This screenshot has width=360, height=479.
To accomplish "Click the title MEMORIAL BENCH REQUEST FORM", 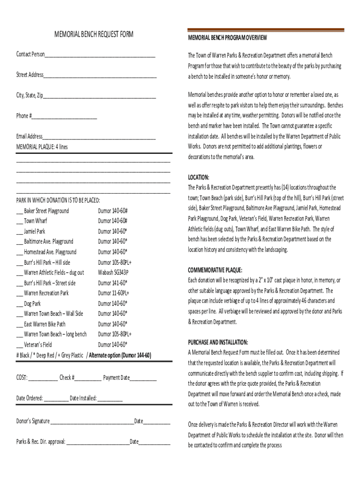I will click(x=94, y=34).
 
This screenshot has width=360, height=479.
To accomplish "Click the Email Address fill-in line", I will click(x=99, y=138).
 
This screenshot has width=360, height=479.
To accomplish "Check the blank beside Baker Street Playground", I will click(x=19, y=212).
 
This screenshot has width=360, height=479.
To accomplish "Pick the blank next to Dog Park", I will click(x=19, y=305).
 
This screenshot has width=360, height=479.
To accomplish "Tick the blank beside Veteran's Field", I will click(x=19, y=346).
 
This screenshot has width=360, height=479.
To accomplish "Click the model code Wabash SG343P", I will click(x=113, y=273).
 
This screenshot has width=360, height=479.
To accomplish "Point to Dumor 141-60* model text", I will click(x=112, y=283).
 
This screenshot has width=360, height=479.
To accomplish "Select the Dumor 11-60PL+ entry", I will click(x=113, y=293).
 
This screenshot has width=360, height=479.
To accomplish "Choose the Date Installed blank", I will click(x=110, y=399).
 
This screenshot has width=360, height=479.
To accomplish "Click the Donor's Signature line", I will click(x=92, y=422).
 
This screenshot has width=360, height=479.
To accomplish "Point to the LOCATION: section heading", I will click(x=198, y=177).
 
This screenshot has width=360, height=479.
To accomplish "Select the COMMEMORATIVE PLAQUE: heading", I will click(x=215, y=270).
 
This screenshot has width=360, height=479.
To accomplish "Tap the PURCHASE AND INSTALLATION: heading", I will click(x=218, y=342).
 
